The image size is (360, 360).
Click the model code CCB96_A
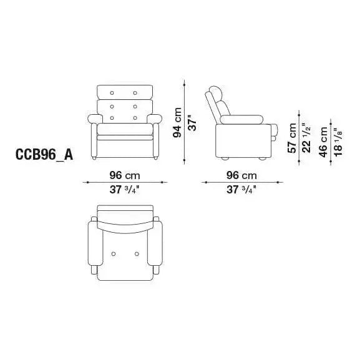click(44, 155)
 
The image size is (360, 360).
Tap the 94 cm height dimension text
click(177, 122)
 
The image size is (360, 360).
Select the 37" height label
click(192, 122)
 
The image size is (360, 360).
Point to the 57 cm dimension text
click(292, 138)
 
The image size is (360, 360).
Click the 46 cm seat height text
click(323, 142)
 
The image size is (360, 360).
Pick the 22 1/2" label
click(307, 138)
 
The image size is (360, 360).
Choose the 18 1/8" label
click(338, 142)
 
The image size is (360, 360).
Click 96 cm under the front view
click(125, 176)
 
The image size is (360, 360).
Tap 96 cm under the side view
click(241, 176)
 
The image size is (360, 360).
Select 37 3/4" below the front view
click(124, 190)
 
